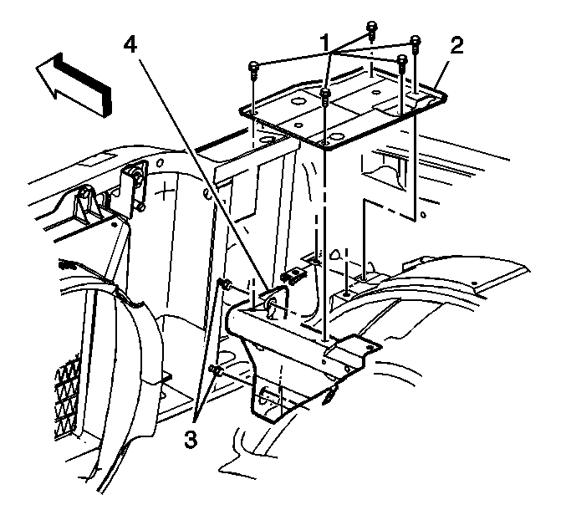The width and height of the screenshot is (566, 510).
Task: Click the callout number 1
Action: [x=325, y=43]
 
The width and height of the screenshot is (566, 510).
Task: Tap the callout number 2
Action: [x=456, y=46]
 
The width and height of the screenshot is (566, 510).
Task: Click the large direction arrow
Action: [x=74, y=85]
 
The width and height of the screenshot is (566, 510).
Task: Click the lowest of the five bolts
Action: [x=325, y=96]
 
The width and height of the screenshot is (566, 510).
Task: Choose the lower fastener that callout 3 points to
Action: [x=217, y=370]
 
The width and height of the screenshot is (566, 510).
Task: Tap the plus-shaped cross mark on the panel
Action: [x=165, y=191]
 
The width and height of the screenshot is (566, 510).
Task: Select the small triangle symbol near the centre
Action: [x=335, y=254]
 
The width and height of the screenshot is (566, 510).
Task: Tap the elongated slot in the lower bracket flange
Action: [x=267, y=395]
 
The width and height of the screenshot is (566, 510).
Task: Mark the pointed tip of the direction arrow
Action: [x=36, y=66]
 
